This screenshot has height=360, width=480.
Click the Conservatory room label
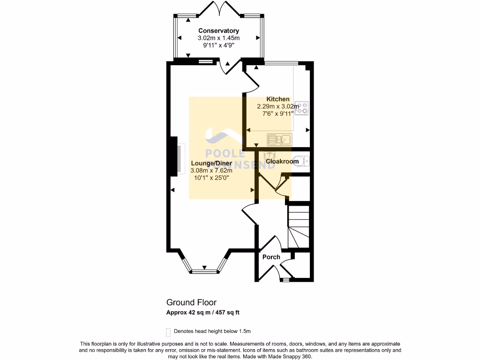point(218,31)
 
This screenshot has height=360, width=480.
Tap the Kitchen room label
point(278,99)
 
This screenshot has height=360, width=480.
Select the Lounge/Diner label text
point(211,164)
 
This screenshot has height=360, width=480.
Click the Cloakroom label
point(282,162)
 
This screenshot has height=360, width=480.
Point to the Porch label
point(271,257)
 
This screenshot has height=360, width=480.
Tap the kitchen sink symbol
point(279,139)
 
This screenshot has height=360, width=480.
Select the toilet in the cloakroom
point(304,161)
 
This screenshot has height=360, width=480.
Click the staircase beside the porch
point(299,227)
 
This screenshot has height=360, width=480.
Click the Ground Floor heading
point(191,303)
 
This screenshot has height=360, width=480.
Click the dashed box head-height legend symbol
point(168,332)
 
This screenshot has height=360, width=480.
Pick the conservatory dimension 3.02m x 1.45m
point(218,38)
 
